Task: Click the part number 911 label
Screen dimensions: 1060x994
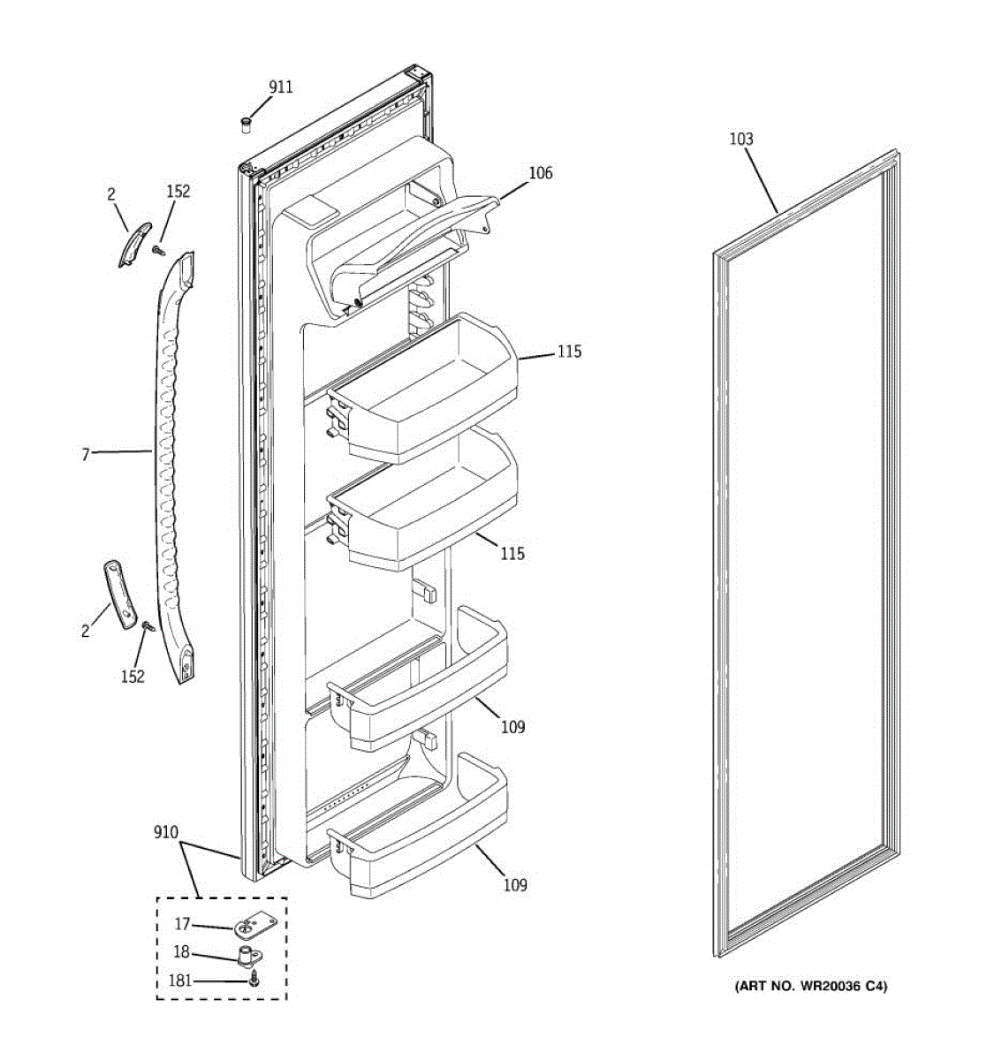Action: click(x=281, y=87)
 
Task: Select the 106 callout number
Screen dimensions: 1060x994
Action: click(x=541, y=173)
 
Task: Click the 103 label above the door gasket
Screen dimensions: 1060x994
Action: click(x=741, y=139)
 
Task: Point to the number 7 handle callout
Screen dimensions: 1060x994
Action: click(x=86, y=455)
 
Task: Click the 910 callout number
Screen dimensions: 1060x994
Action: click(x=165, y=832)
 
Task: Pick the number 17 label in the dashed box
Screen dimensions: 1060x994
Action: click(x=182, y=924)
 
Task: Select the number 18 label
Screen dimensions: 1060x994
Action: click(x=181, y=953)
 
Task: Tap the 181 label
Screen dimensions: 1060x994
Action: click(x=180, y=980)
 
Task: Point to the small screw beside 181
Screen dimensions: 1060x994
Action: click(x=254, y=979)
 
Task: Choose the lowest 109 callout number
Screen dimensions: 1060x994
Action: click(x=515, y=884)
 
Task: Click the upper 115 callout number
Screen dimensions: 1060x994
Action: click(x=569, y=352)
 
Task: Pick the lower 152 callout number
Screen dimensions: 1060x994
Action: click(x=133, y=677)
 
